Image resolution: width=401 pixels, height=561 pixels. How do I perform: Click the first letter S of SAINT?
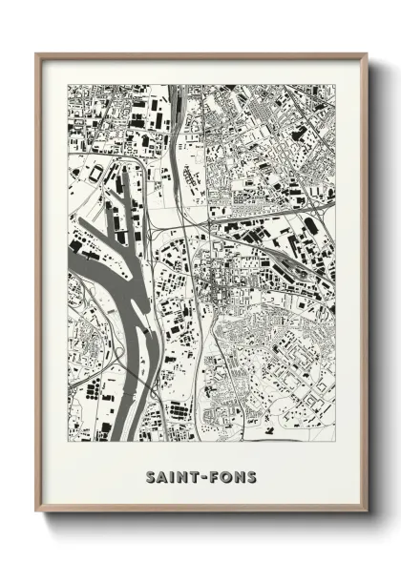point(152,476)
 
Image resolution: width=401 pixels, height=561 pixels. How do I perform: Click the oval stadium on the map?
point(95,173)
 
